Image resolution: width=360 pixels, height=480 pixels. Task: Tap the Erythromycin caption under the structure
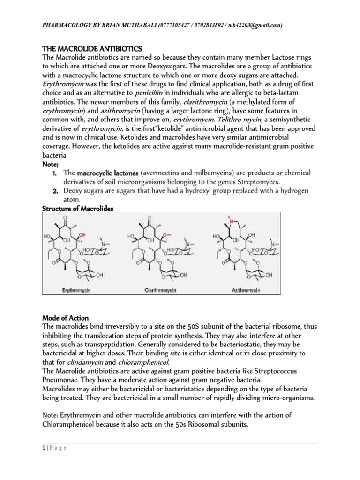click(x=76, y=291)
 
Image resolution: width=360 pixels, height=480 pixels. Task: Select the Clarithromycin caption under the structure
click(x=160, y=291)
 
